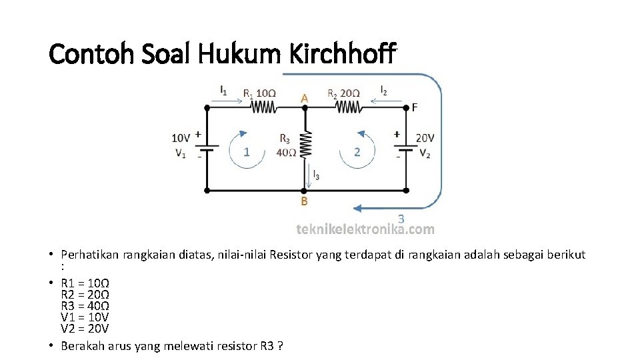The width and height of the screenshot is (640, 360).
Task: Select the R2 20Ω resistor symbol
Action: (x=347, y=107)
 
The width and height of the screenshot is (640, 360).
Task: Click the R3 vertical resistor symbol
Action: (x=305, y=144)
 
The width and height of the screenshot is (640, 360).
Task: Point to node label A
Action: (x=304, y=97)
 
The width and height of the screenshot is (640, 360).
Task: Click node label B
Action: (x=304, y=200)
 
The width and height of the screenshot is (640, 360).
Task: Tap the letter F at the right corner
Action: (x=415, y=107)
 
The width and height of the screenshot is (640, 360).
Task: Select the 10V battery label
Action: (x=181, y=138)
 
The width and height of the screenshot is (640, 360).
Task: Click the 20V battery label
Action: (x=425, y=138)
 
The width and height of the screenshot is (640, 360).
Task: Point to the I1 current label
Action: (x=223, y=89)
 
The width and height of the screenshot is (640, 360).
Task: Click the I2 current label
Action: (x=384, y=89)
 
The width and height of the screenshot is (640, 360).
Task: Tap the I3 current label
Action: (x=316, y=176)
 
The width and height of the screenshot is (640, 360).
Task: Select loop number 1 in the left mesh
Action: (x=247, y=151)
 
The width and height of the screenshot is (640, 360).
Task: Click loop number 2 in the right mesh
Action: (x=357, y=151)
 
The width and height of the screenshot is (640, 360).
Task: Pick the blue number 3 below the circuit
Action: (x=401, y=218)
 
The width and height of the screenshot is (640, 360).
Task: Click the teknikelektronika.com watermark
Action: (x=365, y=229)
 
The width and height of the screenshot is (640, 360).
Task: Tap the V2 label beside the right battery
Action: (x=425, y=152)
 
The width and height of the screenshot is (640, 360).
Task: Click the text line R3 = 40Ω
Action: (x=85, y=306)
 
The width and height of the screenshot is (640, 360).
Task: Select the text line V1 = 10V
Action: (x=85, y=317)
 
